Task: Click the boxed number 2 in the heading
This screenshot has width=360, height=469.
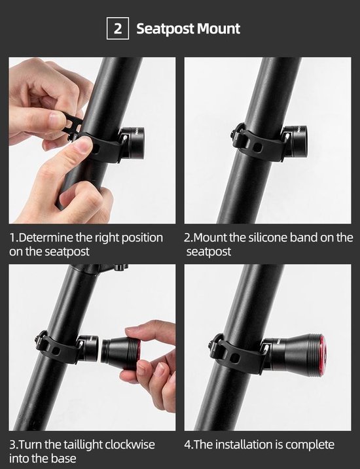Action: coord(118,28)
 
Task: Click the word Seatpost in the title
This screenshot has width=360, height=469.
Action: coord(165,29)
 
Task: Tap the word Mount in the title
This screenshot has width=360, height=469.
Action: coord(219,29)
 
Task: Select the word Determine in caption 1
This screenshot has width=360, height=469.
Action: coord(46,237)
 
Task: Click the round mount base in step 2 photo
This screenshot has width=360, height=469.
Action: coord(295,140)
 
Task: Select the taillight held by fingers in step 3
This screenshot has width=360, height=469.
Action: coord(122,353)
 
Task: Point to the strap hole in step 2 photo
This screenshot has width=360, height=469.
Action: coord(257,147)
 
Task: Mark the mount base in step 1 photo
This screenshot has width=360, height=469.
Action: coord(133,143)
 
